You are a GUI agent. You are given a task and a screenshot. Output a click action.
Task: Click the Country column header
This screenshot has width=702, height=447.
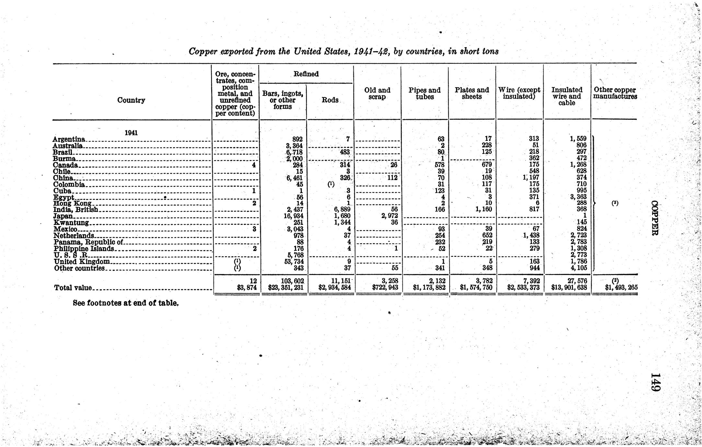pyautogui.click(x=131, y=100)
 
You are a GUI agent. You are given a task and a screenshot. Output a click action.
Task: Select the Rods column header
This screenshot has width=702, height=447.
pyautogui.click(x=330, y=100)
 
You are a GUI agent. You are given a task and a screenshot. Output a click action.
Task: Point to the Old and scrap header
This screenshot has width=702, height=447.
pyautogui.click(x=377, y=93)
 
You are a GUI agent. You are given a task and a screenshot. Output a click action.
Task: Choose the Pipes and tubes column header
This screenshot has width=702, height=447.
pyautogui.click(x=424, y=93)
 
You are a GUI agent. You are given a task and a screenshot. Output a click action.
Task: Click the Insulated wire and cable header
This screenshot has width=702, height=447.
pyautogui.click(x=567, y=96)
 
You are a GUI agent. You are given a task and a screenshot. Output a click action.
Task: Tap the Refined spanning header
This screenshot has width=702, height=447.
pyautogui.click(x=306, y=74)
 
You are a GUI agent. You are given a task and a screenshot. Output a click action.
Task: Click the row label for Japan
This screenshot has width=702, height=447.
pyautogui.click(x=63, y=216)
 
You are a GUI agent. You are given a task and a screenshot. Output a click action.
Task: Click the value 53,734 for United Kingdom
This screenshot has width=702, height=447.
pyautogui.click(x=294, y=261)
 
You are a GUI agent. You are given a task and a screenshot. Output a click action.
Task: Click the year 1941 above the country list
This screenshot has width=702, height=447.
pyautogui.click(x=131, y=132)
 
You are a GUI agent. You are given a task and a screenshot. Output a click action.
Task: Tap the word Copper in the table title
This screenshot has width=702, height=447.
pyautogui.click(x=202, y=51)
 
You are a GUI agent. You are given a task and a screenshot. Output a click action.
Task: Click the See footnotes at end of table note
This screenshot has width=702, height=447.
pyautogui.click(x=126, y=303)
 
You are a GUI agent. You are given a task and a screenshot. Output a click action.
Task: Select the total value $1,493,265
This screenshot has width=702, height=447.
pyautogui.click(x=621, y=287)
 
